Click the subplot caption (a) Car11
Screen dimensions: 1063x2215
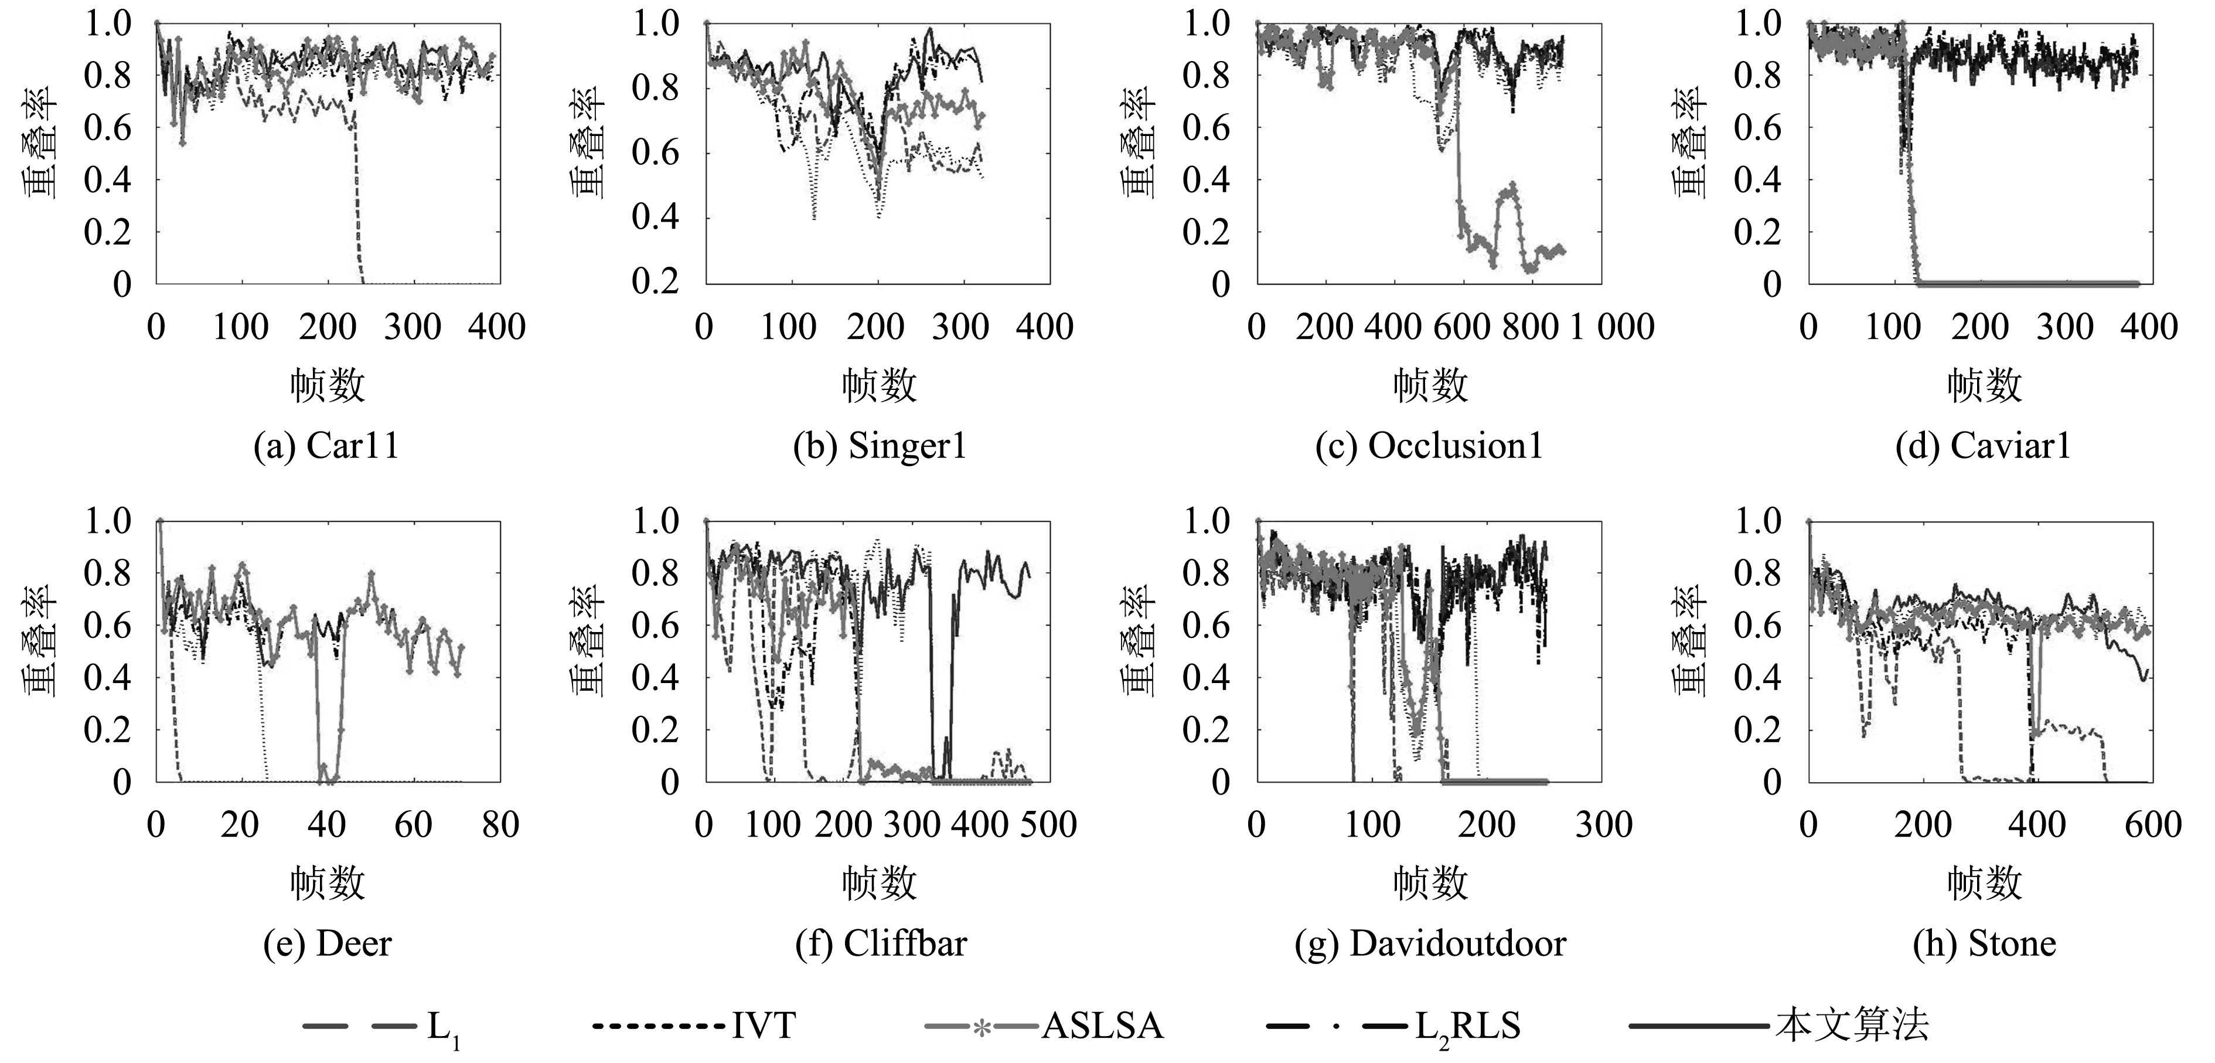(x=327, y=446)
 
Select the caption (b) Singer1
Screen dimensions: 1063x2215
(x=879, y=446)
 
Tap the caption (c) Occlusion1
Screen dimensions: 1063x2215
(x=1429, y=446)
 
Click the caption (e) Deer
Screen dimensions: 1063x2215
(x=327, y=943)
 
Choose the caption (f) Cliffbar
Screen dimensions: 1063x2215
(x=881, y=943)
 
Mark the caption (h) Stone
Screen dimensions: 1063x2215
(x=1984, y=943)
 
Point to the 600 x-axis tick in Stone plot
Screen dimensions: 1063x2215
(x=2152, y=826)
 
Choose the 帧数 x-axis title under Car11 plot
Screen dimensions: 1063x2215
(x=327, y=385)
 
